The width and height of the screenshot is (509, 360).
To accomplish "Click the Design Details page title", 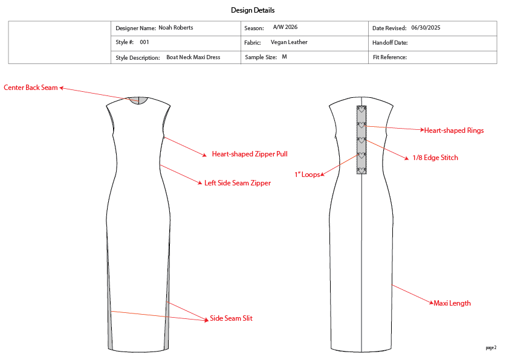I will (253, 10).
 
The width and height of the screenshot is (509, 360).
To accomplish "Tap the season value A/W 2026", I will (285, 28).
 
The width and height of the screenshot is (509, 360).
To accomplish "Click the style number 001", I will (144, 42).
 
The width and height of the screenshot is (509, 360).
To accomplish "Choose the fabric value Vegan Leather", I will (289, 42).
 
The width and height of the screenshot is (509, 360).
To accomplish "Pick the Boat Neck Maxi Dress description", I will (193, 57).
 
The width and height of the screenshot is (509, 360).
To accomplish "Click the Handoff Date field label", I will (390, 43).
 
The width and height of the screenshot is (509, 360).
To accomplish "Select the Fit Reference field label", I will (389, 57).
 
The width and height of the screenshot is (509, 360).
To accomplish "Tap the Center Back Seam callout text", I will (31, 88).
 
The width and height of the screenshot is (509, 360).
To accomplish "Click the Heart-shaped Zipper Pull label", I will (250, 154).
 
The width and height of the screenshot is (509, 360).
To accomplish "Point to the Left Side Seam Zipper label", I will (238, 183).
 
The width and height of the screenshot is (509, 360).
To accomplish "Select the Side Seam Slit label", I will (231, 318).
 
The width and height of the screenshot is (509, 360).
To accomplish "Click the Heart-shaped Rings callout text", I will (453, 130).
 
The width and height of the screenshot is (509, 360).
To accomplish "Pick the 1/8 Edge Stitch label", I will (435, 158).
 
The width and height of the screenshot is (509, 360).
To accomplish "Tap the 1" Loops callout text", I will (307, 175).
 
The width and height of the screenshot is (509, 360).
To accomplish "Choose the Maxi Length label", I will (452, 303).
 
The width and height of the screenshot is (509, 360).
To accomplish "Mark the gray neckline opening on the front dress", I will (140, 100).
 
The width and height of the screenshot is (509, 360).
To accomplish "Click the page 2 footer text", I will (491, 348).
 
